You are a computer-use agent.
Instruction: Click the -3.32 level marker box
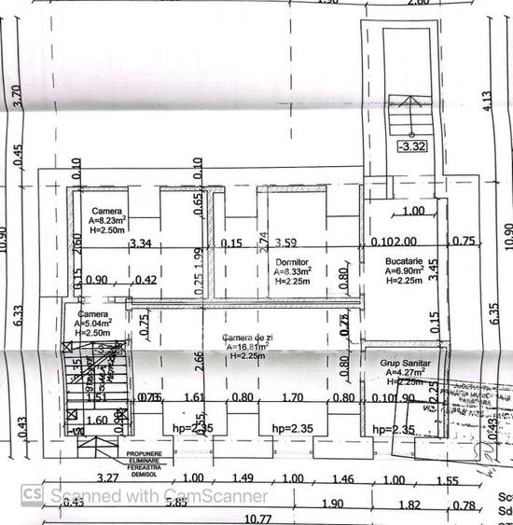coord(411,145)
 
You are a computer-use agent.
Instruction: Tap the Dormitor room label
coord(291,263)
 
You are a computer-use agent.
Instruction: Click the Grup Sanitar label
coord(401,362)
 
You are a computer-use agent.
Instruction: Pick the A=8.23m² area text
coord(109,221)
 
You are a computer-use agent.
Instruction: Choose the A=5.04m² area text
coord(93,324)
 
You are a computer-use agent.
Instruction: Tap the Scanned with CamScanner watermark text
coord(159,496)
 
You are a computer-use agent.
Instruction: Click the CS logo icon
coord(32,494)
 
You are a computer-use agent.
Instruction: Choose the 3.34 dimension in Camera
coord(141,244)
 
